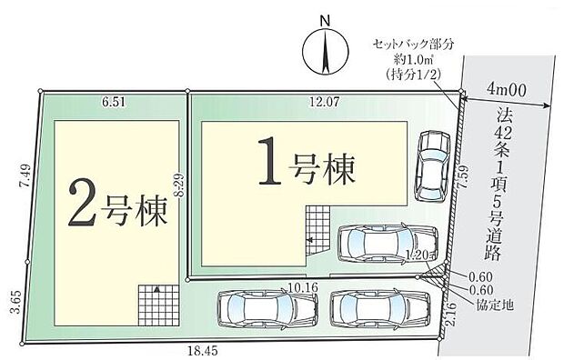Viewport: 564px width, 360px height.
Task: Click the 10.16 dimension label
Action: point(301,287)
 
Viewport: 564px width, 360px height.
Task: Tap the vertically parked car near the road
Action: point(431,164)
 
